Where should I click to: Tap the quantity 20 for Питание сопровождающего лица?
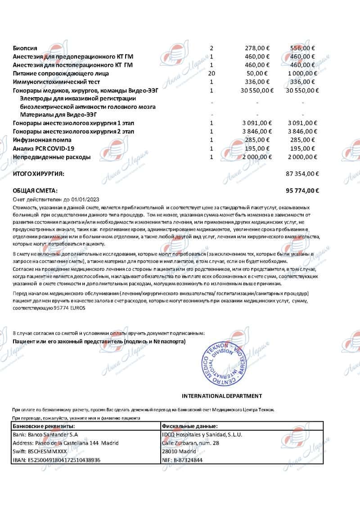point(211,73)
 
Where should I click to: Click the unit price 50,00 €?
point(259,73)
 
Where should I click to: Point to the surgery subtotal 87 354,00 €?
point(302,173)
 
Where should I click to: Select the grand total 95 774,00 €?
point(302,191)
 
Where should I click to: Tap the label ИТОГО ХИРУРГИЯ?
point(39,173)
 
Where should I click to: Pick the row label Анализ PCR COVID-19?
point(44,148)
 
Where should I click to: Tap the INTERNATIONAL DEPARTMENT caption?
point(221,396)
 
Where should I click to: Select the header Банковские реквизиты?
point(44,426)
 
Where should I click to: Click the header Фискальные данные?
point(190,426)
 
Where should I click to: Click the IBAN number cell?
point(57,460)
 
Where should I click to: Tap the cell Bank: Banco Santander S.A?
point(46,434)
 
